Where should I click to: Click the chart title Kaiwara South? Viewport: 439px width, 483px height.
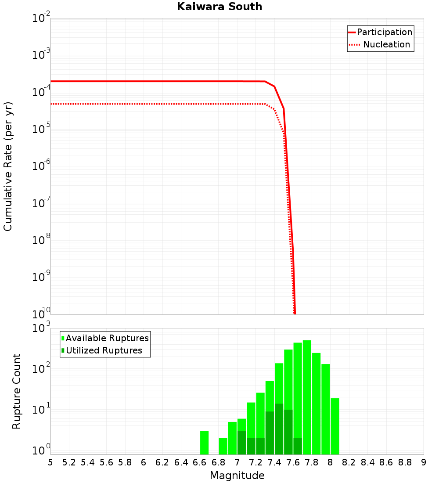click(x=219, y=7)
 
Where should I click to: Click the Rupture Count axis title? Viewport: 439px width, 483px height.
click(x=17, y=391)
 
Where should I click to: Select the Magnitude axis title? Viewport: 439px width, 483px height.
click(x=237, y=476)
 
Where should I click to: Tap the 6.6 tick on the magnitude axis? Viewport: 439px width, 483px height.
click(x=200, y=462)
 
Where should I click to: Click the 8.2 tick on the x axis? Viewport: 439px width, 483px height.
click(x=349, y=462)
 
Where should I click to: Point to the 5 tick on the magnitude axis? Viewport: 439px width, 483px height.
click(x=50, y=462)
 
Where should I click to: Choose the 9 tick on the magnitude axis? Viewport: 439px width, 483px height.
click(x=424, y=462)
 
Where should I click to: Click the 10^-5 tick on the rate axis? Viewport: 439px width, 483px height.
click(x=41, y=129)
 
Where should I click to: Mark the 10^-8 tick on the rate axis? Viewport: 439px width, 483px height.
click(x=41, y=240)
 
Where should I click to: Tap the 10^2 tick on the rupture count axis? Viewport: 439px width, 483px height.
click(x=41, y=369)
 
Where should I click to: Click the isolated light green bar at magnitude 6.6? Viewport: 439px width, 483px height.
click(x=204, y=443)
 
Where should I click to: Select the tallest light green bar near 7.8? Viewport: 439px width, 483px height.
click(x=307, y=397)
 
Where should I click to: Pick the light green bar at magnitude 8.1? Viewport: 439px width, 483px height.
click(x=335, y=426)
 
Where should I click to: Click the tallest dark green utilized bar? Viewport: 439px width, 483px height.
click(x=279, y=429)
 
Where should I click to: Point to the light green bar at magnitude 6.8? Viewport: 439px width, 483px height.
click(x=223, y=446)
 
